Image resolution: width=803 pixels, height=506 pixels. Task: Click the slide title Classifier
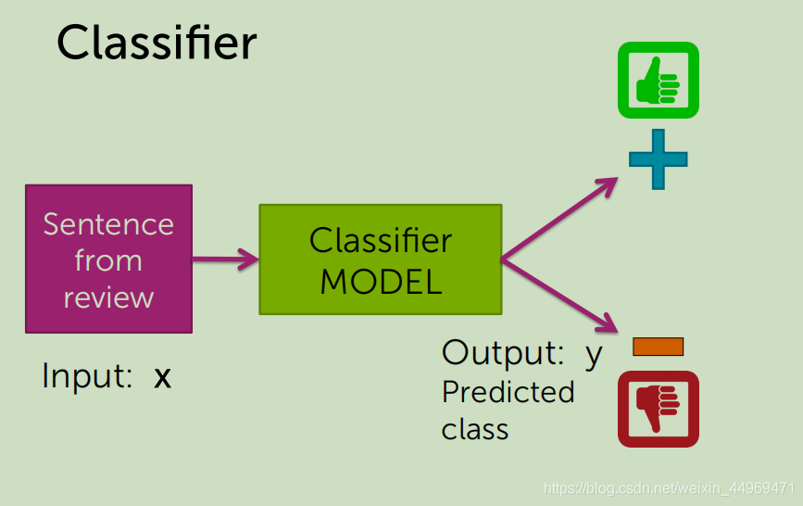157,43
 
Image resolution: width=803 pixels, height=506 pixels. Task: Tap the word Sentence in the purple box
108,224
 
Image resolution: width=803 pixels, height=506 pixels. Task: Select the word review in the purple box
108,297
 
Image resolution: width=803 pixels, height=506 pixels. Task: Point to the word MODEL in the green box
381,282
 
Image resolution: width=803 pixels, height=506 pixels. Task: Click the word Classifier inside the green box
381,240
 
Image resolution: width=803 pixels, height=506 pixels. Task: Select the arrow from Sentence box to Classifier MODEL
226,259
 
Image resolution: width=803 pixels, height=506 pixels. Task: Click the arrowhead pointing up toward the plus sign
608,185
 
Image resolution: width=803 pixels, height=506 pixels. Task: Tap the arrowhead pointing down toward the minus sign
608,324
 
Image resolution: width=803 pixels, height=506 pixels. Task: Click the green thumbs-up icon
659,81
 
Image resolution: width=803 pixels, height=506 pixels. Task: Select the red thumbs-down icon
659,409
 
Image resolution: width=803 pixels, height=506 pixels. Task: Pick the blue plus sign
659,158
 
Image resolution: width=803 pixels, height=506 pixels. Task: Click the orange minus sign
659,347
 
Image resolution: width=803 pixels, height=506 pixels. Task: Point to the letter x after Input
162,378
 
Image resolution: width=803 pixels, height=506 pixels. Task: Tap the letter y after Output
594,355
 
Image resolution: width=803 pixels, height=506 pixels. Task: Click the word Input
87,375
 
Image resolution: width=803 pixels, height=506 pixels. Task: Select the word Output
503,352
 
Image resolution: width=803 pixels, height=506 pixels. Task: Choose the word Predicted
508,392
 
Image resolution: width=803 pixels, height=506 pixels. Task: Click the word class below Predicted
475,429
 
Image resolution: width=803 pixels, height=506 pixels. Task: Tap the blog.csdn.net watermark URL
669,488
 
